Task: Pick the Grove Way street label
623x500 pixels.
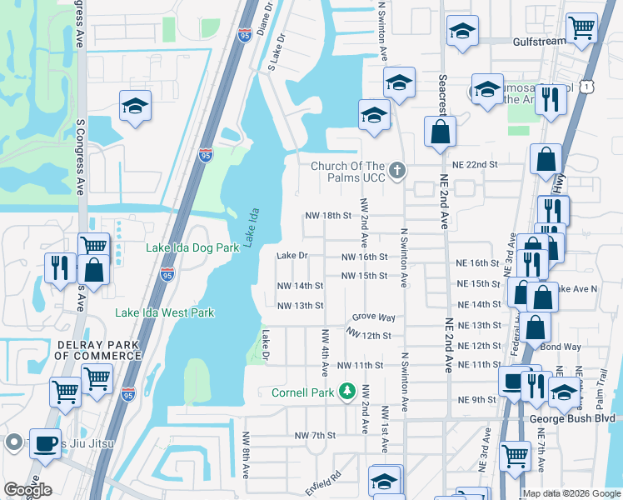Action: click(373, 317)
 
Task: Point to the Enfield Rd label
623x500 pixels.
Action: click(323, 484)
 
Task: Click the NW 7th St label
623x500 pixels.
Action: click(315, 435)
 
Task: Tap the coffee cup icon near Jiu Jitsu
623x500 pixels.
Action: click(46, 443)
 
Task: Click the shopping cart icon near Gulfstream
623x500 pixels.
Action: click(582, 27)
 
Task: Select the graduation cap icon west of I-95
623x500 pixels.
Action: click(134, 106)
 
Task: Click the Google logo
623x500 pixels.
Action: click(27, 490)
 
